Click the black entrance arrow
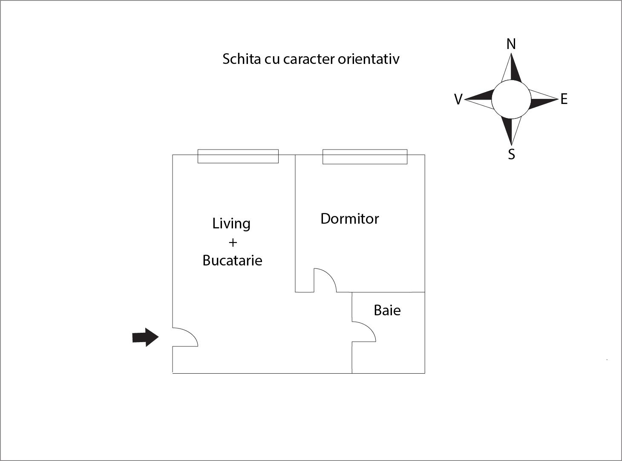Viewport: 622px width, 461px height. point(145,337)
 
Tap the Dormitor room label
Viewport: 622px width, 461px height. point(349,219)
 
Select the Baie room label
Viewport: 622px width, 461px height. point(387,310)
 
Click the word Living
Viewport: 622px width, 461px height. point(231,224)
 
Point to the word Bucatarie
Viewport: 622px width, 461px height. point(232,260)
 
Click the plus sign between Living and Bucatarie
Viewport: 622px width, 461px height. point(233,242)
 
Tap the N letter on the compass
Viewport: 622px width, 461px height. point(511,44)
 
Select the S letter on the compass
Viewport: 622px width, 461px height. point(511,154)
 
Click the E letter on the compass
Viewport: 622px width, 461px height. point(564,99)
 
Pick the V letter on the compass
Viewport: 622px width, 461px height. point(458,99)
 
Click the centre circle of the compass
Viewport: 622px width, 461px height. point(511,99)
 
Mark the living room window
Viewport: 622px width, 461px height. point(238,156)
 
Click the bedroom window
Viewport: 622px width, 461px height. point(365,156)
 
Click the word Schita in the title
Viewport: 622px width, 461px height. point(242,59)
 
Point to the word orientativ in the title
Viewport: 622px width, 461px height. point(369,59)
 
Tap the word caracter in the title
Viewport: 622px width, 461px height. point(309,60)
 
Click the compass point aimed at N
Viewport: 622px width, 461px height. point(511,67)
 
